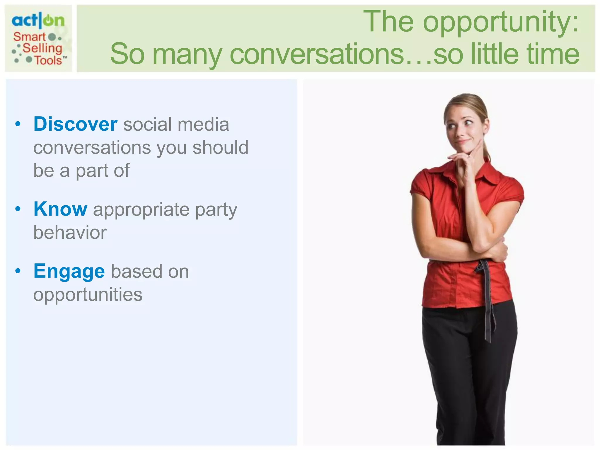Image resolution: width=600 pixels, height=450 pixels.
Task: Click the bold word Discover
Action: (75, 124)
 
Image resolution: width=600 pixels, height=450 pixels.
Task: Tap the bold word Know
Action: (60, 209)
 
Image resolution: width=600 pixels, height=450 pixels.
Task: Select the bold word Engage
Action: (69, 271)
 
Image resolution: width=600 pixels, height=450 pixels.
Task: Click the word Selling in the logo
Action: (42, 48)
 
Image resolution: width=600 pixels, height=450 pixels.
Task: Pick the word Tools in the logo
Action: (48, 60)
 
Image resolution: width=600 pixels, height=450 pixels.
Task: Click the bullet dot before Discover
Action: (18, 124)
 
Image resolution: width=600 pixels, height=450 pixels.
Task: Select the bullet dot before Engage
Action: (18, 271)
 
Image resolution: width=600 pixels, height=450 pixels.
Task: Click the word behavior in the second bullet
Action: (70, 233)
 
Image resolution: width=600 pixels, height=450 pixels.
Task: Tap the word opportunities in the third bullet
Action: (88, 294)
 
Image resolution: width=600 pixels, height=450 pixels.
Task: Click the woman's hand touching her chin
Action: (463, 160)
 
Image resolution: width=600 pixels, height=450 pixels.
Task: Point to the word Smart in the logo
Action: (30, 37)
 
